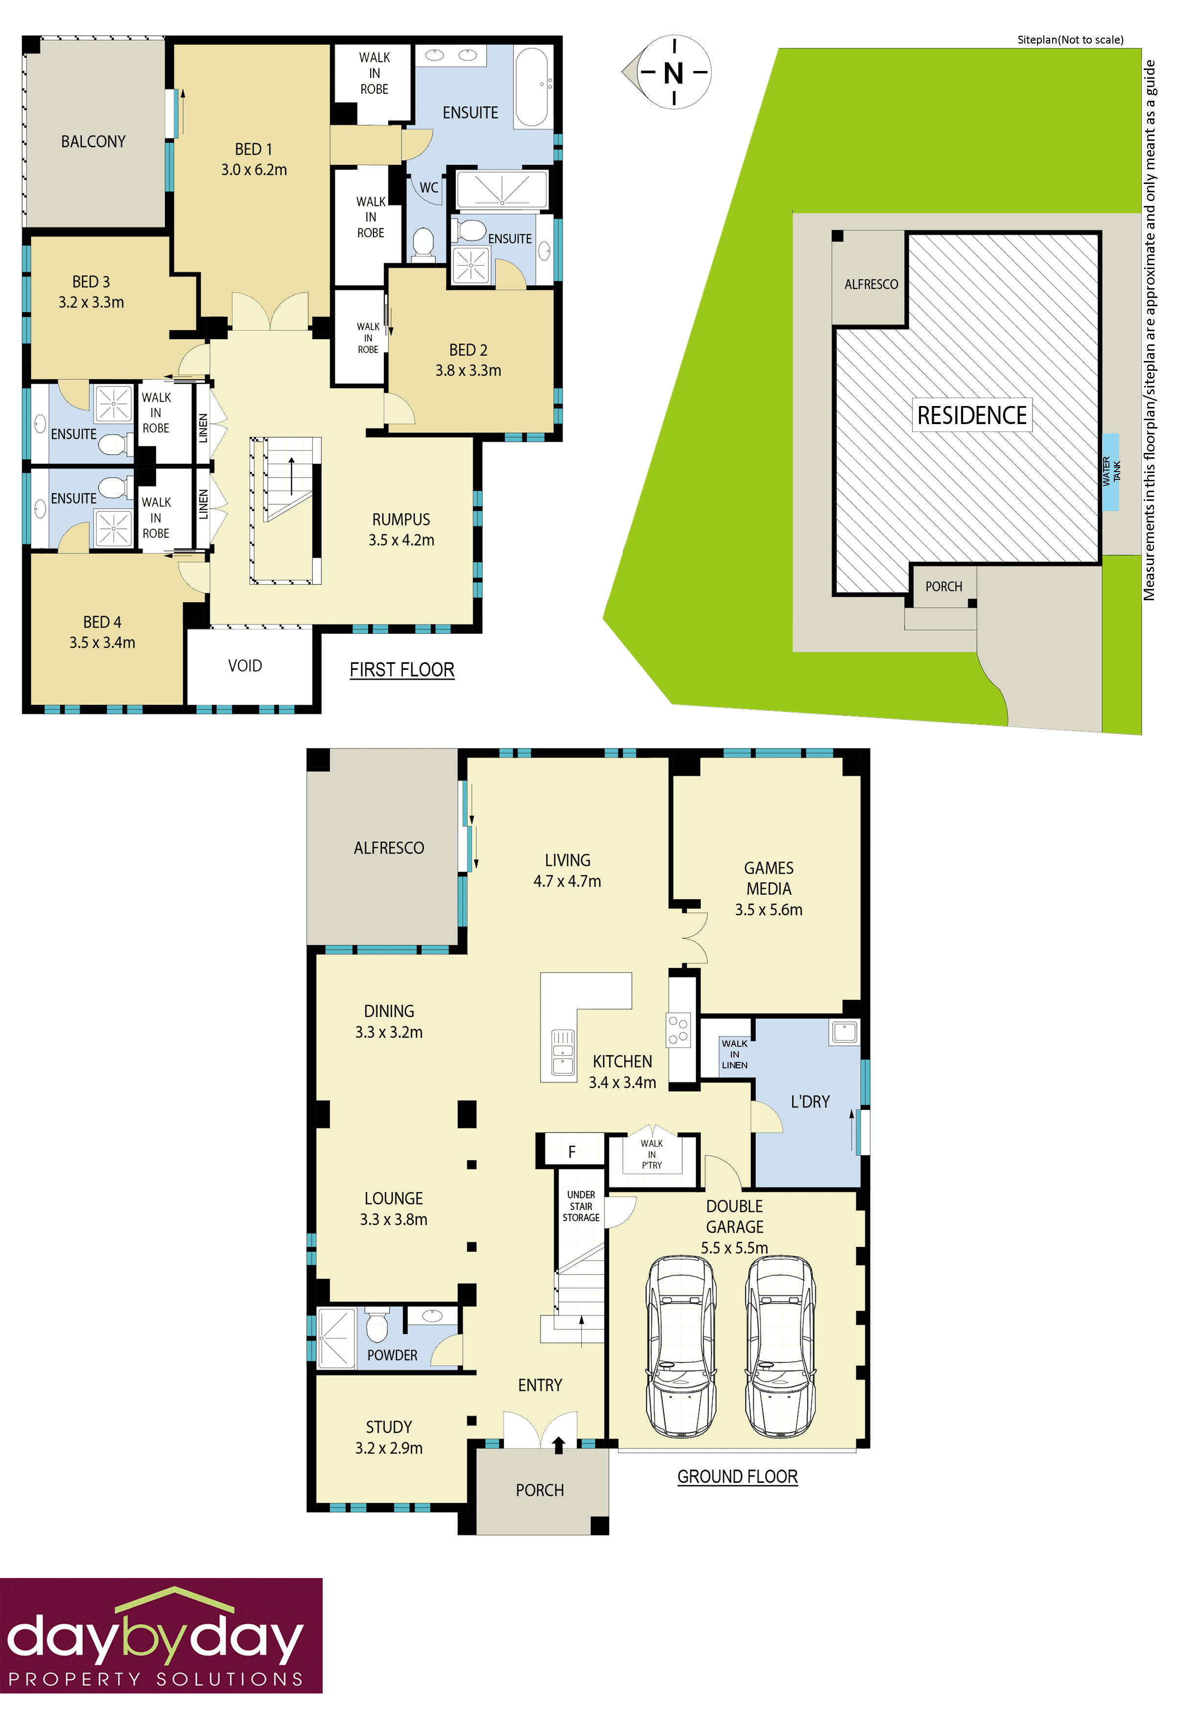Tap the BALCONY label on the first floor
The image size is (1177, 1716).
coord(93,142)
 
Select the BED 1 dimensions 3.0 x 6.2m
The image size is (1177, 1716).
coord(254,170)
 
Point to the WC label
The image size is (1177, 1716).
coord(428,187)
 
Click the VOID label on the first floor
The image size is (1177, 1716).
coord(245,666)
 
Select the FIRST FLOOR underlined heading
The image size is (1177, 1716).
coord(402,670)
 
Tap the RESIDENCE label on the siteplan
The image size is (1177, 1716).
coord(971,416)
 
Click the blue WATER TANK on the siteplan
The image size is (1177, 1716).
coord(1110,472)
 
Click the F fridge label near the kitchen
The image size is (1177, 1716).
coord(572,1152)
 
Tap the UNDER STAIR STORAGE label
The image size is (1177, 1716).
coord(581,1206)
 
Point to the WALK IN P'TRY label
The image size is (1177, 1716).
coord(652,1154)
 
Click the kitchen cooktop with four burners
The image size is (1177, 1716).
coord(678,1029)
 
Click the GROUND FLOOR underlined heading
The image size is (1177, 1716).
coord(737,1477)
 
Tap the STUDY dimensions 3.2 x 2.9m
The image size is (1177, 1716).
coord(389,1448)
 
